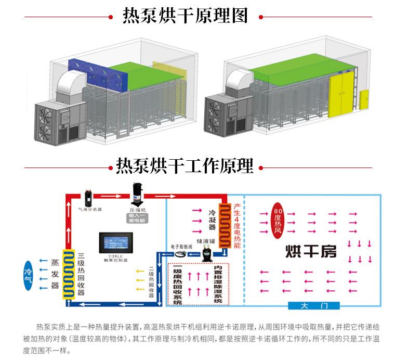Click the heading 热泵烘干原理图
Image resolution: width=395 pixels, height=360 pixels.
185,16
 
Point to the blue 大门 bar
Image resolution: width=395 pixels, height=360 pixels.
313,305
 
